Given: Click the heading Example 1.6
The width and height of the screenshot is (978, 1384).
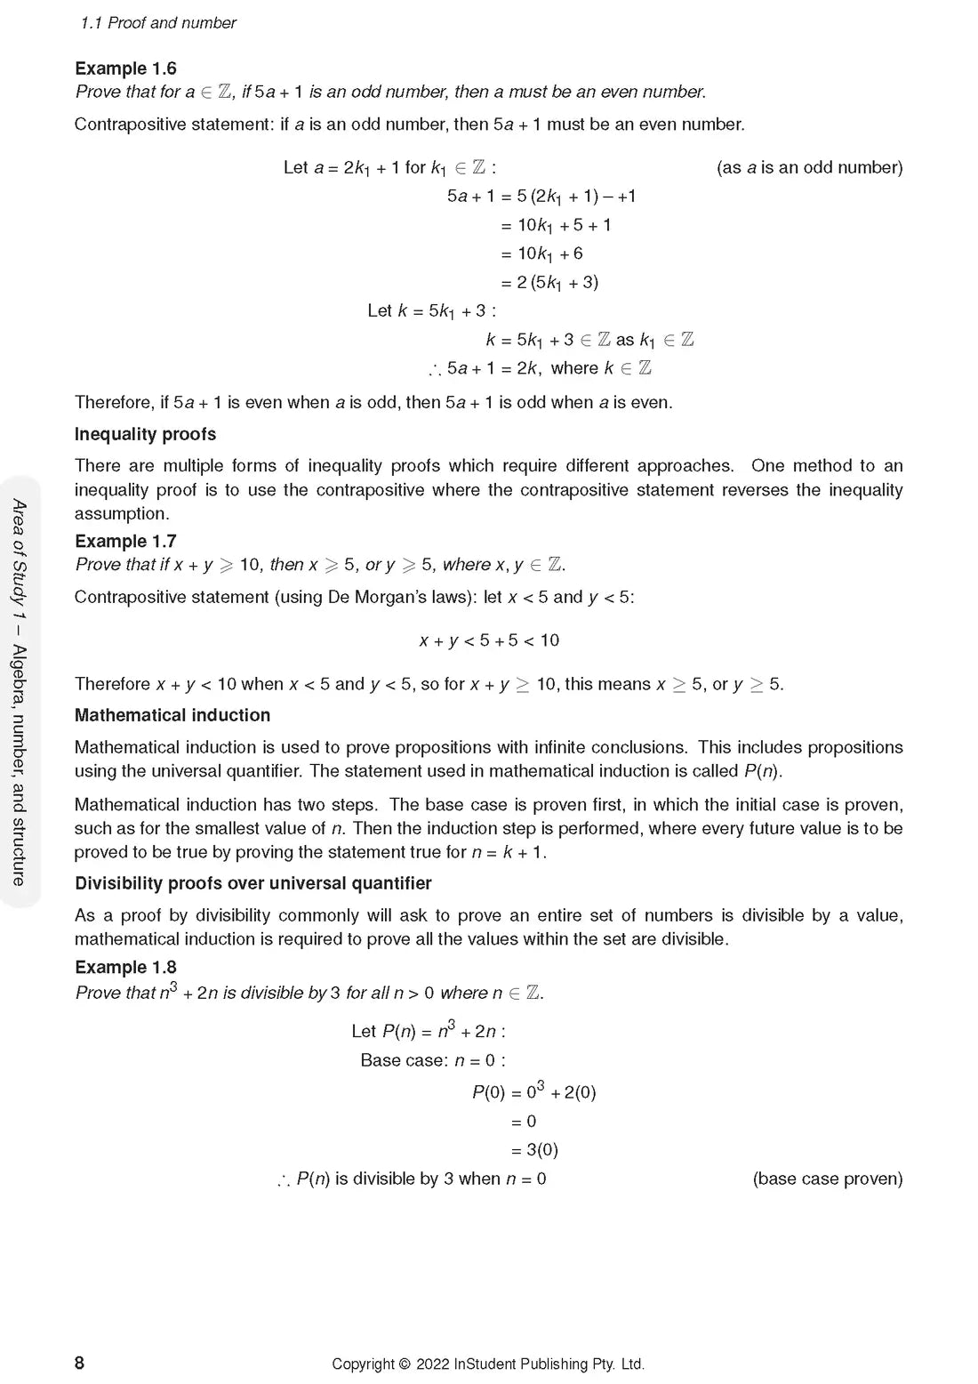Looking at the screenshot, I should click(x=125, y=68).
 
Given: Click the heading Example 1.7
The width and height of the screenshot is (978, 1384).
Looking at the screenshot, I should click(x=125, y=541).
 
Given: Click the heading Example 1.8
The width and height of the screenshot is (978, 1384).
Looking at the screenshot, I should click(x=125, y=967).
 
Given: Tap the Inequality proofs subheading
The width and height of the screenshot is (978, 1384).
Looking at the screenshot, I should click(x=145, y=434).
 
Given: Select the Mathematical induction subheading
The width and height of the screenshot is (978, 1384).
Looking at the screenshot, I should click(x=172, y=715).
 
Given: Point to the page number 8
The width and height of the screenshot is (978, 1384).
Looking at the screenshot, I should click(x=79, y=1363).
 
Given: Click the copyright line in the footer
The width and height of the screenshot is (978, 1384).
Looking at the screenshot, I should click(x=488, y=1364).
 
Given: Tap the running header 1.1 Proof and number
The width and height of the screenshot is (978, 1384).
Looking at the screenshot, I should click(x=158, y=23).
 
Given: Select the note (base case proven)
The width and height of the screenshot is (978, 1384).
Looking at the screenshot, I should click(x=827, y=1179).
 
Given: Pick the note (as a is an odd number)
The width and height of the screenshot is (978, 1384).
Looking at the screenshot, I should click(x=809, y=167).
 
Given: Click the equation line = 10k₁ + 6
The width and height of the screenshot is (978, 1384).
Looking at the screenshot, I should click(x=541, y=253).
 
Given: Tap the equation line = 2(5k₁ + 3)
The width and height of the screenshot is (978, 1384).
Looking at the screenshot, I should click(x=549, y=282).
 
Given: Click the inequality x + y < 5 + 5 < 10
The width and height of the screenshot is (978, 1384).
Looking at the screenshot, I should click(x=489, y=640).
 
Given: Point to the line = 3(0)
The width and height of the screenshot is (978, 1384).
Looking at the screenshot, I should click(x=534, y=1149).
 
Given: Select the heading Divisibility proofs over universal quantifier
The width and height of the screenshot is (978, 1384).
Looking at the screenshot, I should click(x=253, y=883).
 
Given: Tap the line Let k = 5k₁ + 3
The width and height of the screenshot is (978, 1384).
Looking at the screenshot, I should click(x=431, y=310).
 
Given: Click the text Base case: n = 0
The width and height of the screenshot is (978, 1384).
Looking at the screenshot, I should click(x=432, y=1060).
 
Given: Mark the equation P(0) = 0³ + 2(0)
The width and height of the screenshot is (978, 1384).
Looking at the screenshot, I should click(x=533, y=1091).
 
